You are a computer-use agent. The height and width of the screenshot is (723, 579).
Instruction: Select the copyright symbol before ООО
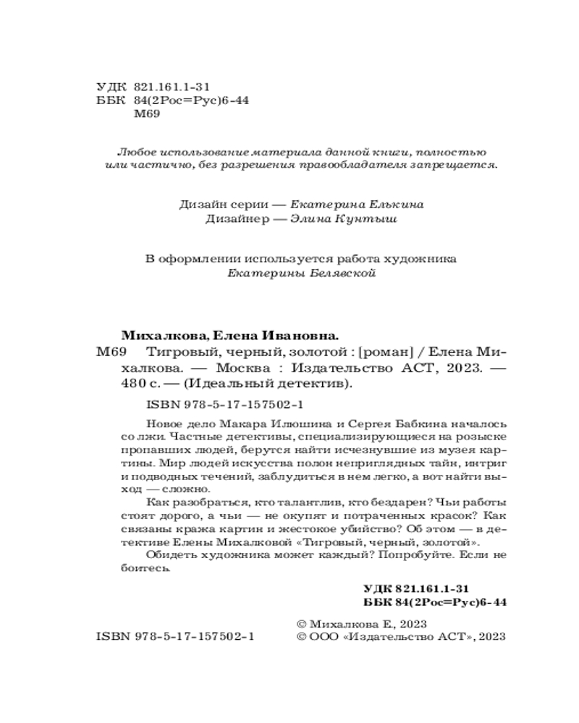click(x=303, y=638)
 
